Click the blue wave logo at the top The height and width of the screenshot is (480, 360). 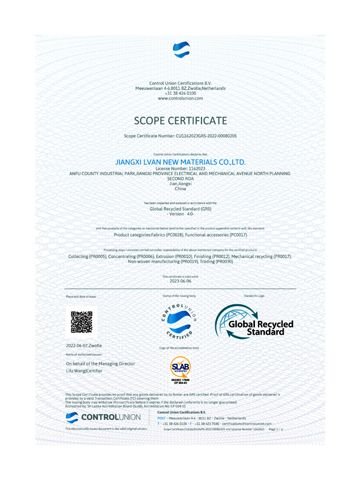(x=181, y=49)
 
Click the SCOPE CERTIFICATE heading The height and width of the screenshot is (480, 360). (x=180, y=120)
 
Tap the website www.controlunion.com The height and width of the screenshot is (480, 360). (x=180, y=98)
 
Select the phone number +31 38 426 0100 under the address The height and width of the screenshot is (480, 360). (x=180, y=93)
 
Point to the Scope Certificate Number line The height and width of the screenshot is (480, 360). (x=180, y=137)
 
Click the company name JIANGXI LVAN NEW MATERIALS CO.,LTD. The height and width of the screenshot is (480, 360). (x=180, y=162)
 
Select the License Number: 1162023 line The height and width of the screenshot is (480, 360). (x=180, y=169)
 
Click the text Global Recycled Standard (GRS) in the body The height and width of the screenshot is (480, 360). (x=180, y=209)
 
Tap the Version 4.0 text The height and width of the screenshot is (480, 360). (x=180, y=214)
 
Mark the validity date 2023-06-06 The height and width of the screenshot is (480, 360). (x=180, y=281)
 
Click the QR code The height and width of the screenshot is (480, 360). (x=82, y=322)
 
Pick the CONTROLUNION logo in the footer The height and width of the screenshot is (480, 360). (x=103, y=417)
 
